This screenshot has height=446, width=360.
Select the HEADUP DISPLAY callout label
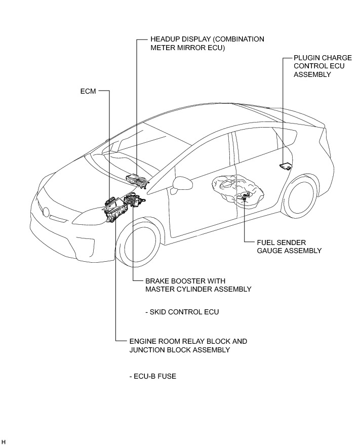(207, 43)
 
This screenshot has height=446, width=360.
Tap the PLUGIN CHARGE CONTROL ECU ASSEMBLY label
(323, 66)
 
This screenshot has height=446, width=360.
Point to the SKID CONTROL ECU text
(184, 312)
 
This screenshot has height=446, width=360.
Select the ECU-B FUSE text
(152, 377)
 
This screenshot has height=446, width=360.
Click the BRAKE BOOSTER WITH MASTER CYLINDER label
(198, 285)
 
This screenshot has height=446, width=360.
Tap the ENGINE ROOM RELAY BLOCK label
(188, 346)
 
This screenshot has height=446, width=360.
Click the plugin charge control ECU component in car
(286, 166)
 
